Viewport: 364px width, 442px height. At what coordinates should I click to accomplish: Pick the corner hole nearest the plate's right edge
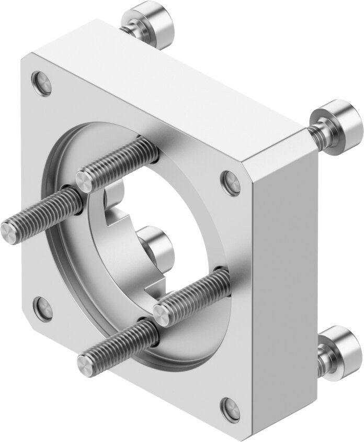(231, 180)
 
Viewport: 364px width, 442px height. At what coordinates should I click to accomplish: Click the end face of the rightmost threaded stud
(164, 312)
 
